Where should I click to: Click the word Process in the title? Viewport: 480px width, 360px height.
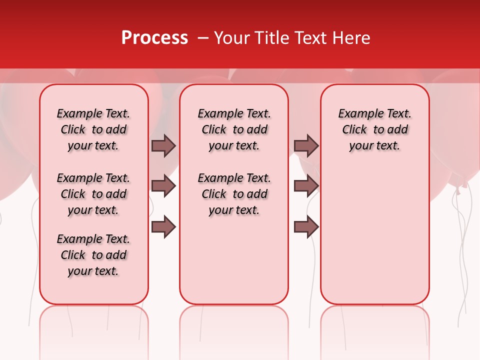pyautogui.click(x=154, y=38)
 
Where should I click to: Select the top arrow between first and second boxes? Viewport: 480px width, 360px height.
pyautogui.click(x=163, y=145)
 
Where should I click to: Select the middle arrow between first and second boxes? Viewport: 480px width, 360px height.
pyautogui.click(x=163, y=186)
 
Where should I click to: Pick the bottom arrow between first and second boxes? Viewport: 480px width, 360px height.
pyautogui.click(x=163, y=227)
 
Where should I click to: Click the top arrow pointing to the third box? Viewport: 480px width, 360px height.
pyautogui.click(x=306, y=145)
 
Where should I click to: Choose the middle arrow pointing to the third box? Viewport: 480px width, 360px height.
pyautogui.click(x=306, y=186)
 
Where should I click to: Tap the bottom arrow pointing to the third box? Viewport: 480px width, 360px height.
pyautogui.click(x=306, y=227)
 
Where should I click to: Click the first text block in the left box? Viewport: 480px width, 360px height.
pyautogui.click(x=93, y=129)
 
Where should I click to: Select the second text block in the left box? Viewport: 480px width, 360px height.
pyautogui.click(x=93, y=194)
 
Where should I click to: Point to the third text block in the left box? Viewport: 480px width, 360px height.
pyautogui.click(x=93, y=255)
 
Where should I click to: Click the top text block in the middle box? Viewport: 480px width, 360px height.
pyautogui.click(x=234, y=129)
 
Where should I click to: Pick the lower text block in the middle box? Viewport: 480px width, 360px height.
pyautogui.click(x=234, y=194)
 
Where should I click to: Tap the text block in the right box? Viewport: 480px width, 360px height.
pyautogui.click(x=374, y=129)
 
